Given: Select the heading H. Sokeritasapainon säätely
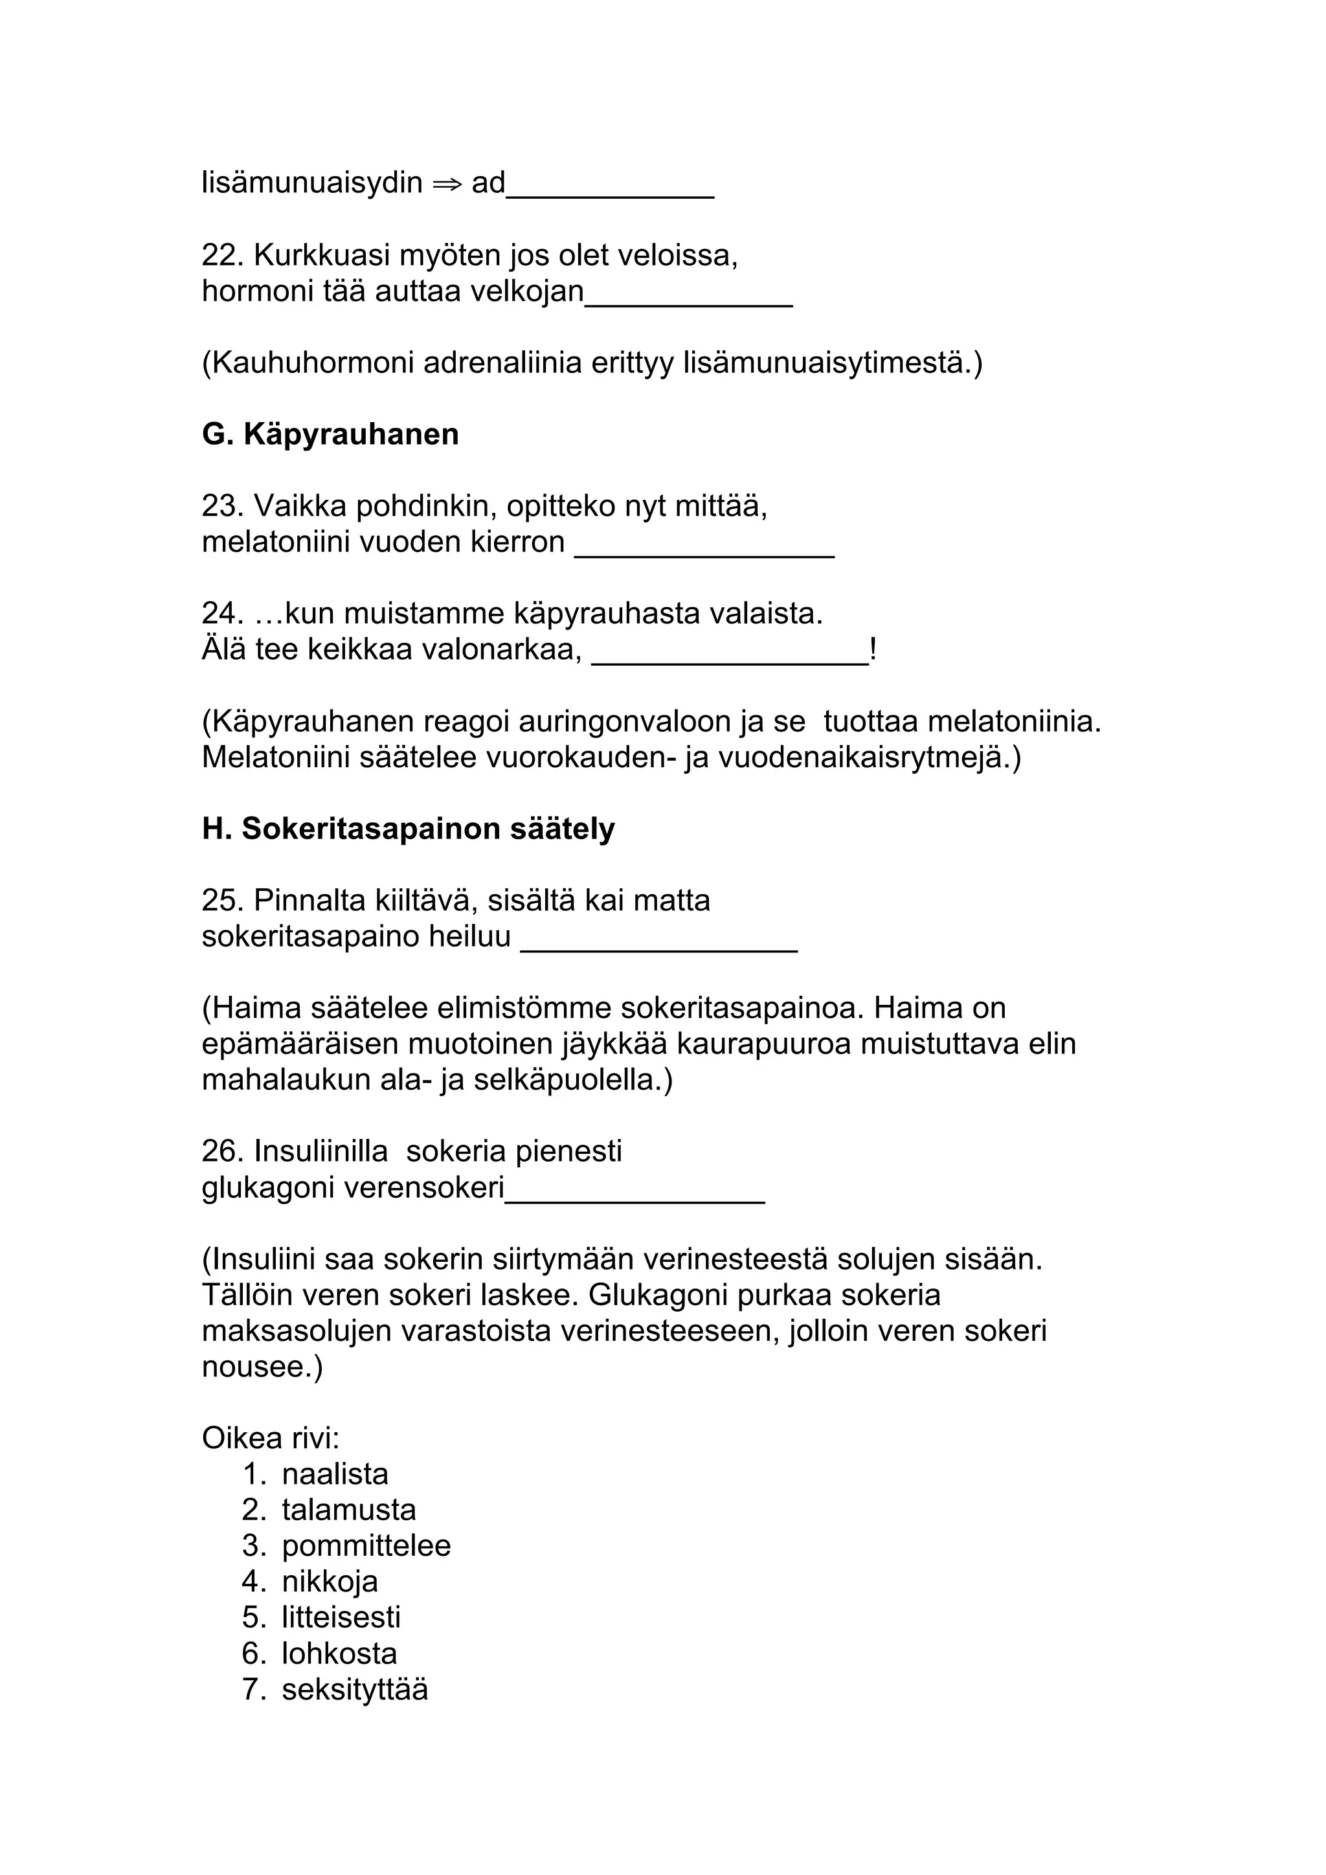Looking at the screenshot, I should (x=409, y=829).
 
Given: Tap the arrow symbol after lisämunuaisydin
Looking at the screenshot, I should (x=447, y=183).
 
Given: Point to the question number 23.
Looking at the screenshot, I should (x=222, y=506).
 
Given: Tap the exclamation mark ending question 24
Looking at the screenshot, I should (x=873, y=650).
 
